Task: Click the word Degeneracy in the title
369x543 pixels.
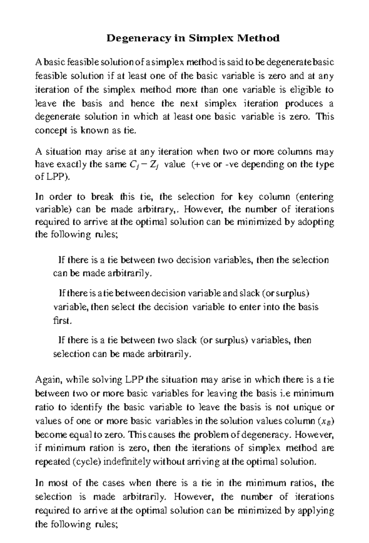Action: pos(138,38)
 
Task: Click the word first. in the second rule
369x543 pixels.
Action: pos(62,321)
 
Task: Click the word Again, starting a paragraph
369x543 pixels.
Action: pos(48,380)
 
